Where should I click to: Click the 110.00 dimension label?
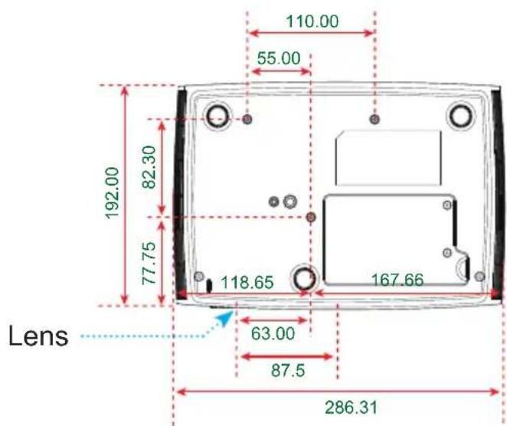[312, 21]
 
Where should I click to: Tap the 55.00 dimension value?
[279, 58]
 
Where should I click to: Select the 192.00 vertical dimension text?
[113, 193]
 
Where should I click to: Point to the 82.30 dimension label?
[149, 167]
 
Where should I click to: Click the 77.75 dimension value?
[149, 264]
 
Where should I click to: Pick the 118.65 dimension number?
[247, 282]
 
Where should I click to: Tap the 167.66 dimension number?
[397, 280]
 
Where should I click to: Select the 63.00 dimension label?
[273, 333]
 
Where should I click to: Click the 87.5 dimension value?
[288, 370]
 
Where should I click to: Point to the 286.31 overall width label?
[352, 408]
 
